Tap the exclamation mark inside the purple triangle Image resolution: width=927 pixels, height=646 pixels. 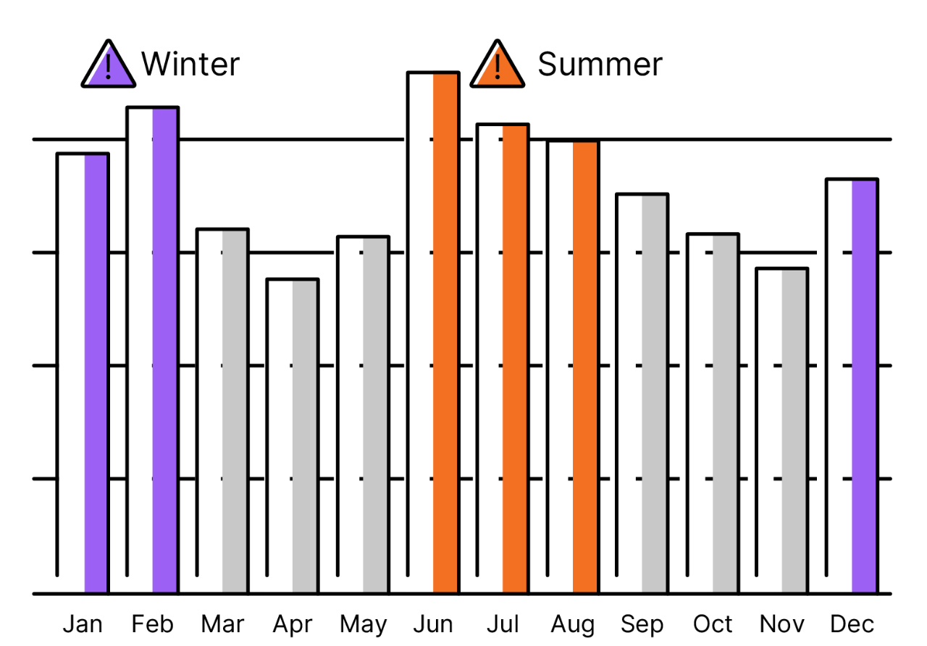pyautogui.click(x=108, y=66)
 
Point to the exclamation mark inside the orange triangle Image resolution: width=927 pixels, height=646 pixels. pyautogui.click(x=498, y=66)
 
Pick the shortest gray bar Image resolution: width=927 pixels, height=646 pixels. pyautogui.click(x=304, y=436)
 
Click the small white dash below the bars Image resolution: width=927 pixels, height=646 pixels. pyautogui.click(x=277, y=598)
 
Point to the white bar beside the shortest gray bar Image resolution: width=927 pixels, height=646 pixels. pyautogui.click(x=279, y=436)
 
